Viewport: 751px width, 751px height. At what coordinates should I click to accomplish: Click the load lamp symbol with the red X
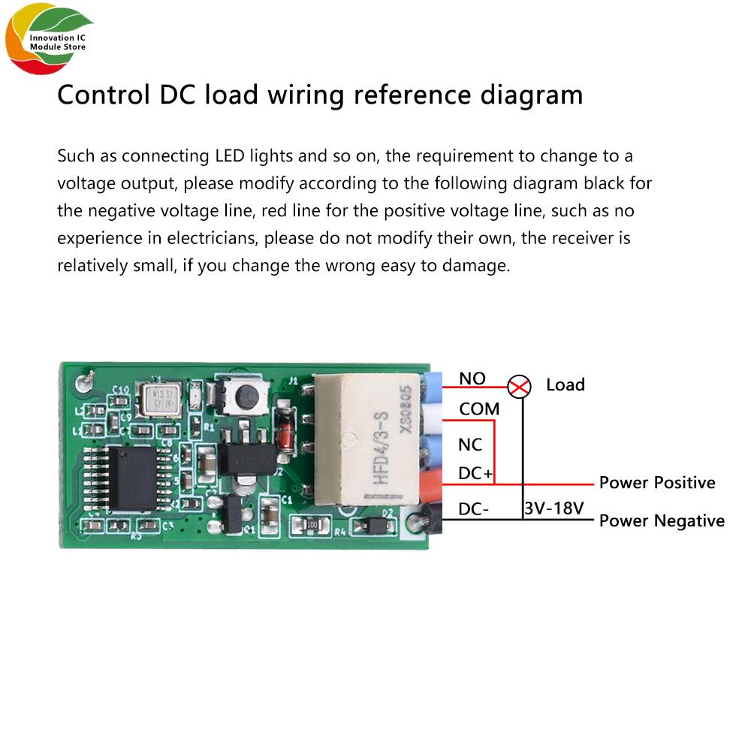click(x=518, y=387)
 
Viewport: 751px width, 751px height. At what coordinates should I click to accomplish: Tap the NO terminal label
click(x=472, y=379)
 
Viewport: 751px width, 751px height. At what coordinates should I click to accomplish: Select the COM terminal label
click(x=478, y=410)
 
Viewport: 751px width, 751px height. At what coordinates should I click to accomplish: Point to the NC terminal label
click(x=470, y=445)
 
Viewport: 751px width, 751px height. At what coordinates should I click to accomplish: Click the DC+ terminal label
click(x=475, y=474)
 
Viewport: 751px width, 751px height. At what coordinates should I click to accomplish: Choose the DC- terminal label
click(x=474, y=509)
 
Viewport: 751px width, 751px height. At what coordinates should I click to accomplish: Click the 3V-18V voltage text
click(x=553, y=508)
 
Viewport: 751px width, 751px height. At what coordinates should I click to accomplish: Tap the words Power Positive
click(x=656, y=482)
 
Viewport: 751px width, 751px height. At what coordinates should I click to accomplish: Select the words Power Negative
click(x=662, y=520)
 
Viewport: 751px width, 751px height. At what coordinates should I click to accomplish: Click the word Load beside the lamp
click(x=565, y=385)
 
